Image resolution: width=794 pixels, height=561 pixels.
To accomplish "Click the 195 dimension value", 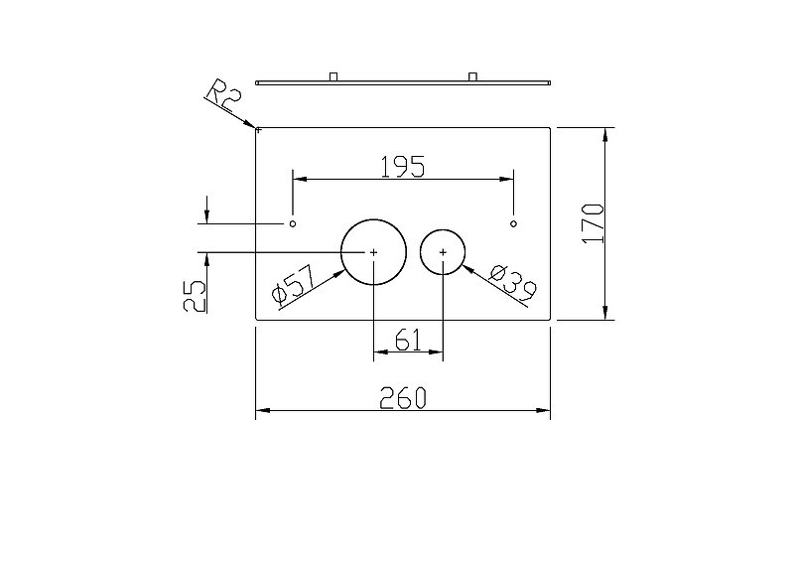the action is pyautogui.click(x=403, y=167).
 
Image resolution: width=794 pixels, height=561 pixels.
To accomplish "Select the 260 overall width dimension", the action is pyautogui.click(x=403, y=398).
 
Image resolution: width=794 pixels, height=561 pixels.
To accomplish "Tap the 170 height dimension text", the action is pyautogui.click(x=593, y=223).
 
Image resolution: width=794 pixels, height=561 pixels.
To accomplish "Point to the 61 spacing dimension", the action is pyautogui.click(x=408, y=340).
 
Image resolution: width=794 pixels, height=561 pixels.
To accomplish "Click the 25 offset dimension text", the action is pyautogui.click(x=195, y=296).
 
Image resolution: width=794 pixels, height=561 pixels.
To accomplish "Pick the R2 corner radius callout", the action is pyautogui.click(x=222, y=95).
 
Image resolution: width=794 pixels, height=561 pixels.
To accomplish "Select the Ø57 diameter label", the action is pyautogui.click(x=294, y=285).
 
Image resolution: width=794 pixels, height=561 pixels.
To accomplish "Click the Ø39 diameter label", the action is pyautogui.click(x=513, y=282).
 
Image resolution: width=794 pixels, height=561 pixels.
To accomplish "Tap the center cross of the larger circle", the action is pyautogui.click(x=374, y=252).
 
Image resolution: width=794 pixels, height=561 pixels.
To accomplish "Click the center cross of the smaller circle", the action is pyautogui.click(x=443, y=252).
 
